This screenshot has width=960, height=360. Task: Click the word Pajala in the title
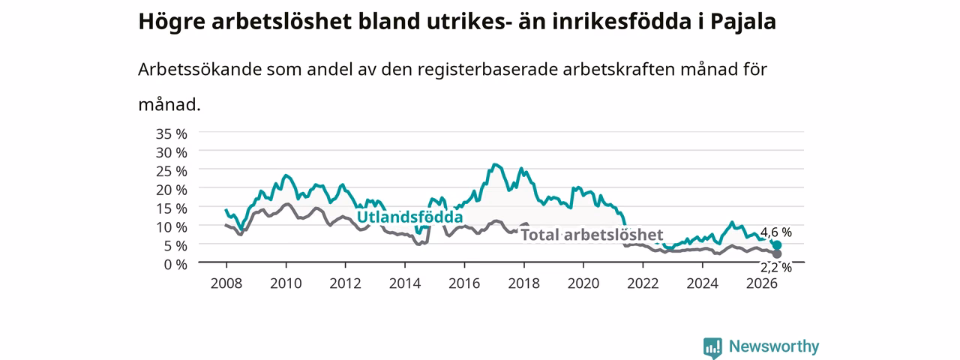[743, 22]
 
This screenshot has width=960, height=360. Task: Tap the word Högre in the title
[172, 22]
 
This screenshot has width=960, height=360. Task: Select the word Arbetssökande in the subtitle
[199, 69]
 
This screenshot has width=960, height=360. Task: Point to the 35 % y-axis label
[172, 133]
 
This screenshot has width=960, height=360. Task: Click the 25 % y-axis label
[172, 171]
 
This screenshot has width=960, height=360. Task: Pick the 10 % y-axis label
[172, 226]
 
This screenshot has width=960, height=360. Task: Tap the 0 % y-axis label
[175, 264]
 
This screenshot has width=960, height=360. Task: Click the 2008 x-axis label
[226, 283]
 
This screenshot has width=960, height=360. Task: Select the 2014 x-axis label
[404, 283]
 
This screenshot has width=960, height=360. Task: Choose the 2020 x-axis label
[583, 283]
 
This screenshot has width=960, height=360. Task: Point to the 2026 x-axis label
[762, 283]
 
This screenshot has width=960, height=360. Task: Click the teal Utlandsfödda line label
[409, 217]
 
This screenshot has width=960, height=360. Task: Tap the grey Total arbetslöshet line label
[592, 235]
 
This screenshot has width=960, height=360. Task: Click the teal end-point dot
[776, 245]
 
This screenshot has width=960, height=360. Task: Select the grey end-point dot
[776, 254]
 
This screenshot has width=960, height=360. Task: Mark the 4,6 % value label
[776, 232]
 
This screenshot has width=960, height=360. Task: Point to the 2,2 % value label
[776, 268]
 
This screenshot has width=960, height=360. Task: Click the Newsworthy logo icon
[712, 347]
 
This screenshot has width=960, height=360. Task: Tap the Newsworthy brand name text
[774, 346]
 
